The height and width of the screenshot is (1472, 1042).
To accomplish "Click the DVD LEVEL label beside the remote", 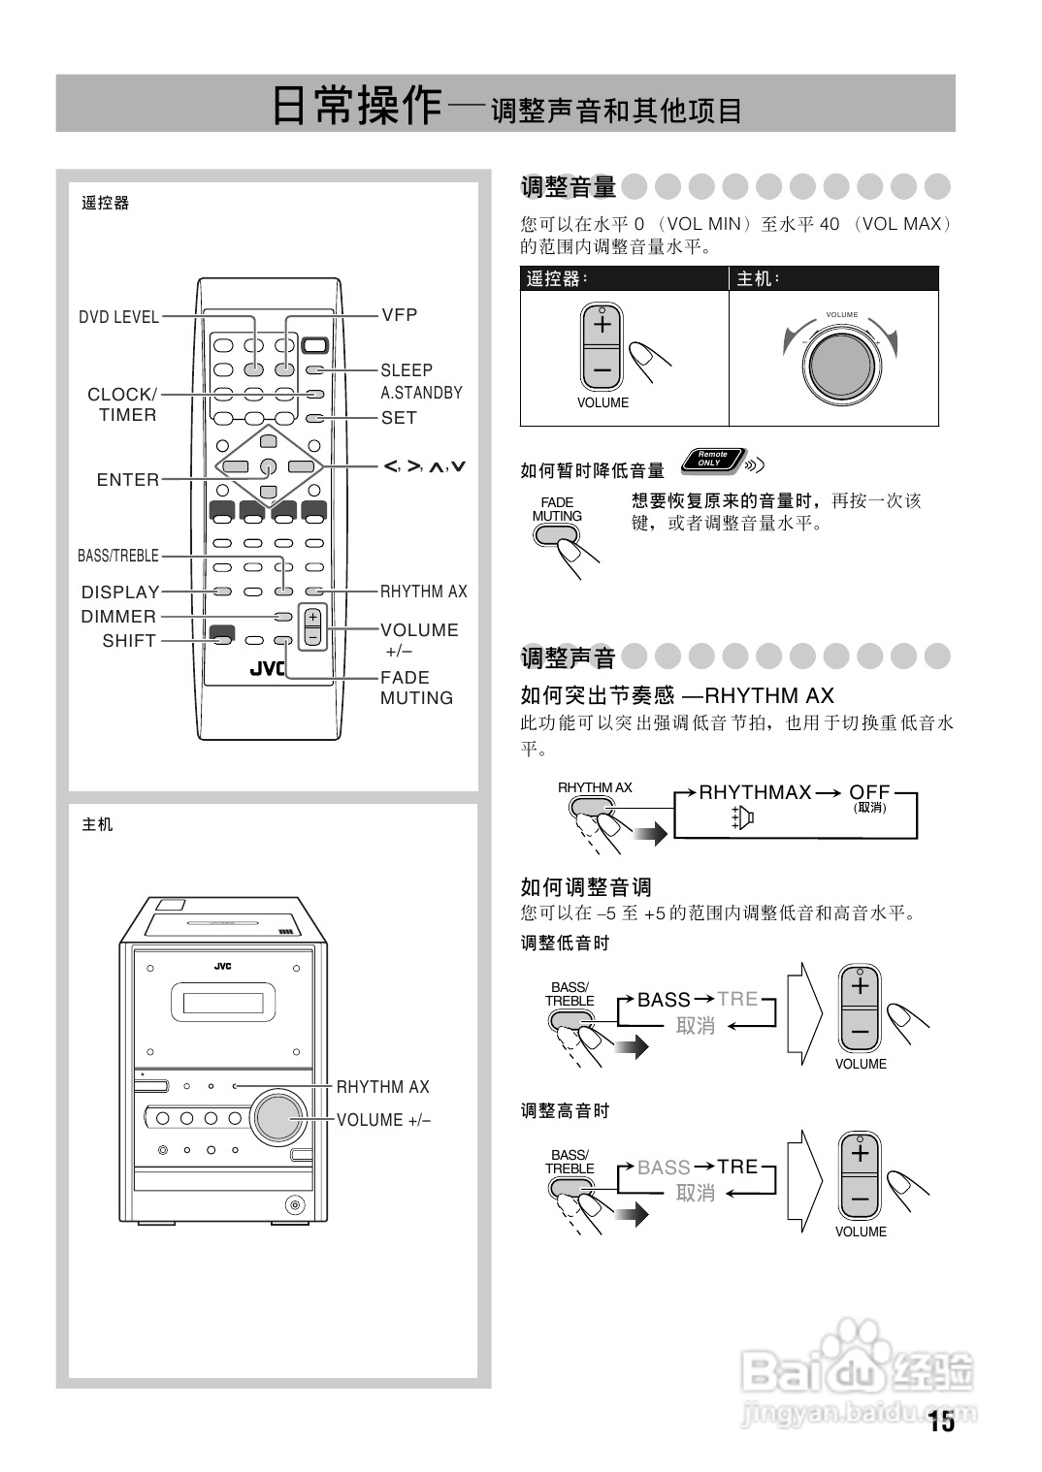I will click(118, 317).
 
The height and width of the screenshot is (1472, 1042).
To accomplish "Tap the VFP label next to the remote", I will click(399, 315).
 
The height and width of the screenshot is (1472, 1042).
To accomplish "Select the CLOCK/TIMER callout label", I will click(122, 404).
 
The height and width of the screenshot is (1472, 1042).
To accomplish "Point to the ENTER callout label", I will click(128, 480).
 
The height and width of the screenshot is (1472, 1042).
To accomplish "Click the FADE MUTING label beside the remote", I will click(416, 688).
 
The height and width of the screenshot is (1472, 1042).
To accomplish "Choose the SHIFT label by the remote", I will click(129, 641).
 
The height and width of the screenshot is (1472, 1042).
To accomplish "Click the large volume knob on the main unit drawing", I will click(279, 1117).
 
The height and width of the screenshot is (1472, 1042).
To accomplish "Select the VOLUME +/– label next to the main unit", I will click(383, 1120).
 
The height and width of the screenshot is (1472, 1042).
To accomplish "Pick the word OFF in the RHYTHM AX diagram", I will click(869, 792).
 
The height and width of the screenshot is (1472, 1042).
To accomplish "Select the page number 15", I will click(940, 1423).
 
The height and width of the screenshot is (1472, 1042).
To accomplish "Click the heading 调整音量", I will click(569, 186).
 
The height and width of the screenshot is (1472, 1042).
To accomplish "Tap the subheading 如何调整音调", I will click(586, 886).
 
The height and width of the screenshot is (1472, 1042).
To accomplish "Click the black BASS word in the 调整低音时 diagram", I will click(664, 1000).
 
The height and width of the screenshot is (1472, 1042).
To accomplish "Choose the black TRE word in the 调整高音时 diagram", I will click(737, 1167).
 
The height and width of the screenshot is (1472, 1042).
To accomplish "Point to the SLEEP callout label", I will click(407, 370).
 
